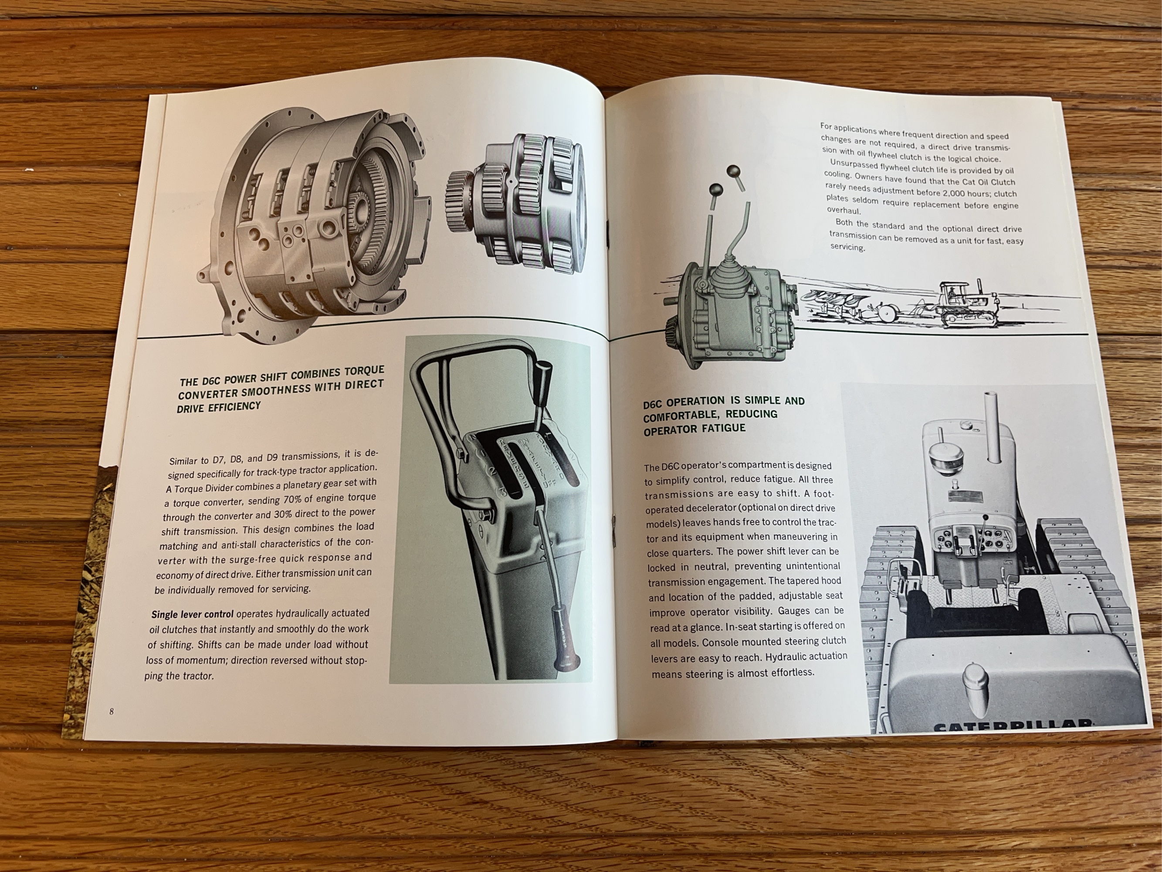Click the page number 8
112,712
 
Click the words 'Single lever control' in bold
192,614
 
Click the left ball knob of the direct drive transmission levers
715,190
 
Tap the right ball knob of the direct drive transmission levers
733,171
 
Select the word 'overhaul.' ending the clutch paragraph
843,210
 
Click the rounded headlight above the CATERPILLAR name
976,683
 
